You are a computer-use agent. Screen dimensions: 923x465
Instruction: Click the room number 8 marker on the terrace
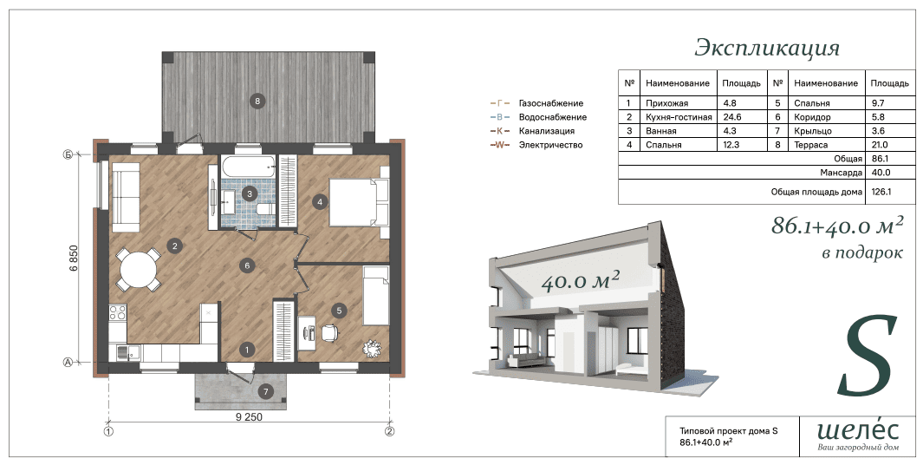(x=257, y=101)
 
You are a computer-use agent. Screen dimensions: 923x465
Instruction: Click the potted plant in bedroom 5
(x=372, y=348)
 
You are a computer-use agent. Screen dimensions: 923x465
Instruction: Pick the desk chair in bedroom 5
(x=329, y=332)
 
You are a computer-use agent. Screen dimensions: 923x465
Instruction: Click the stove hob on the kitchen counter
(x=118, y=312)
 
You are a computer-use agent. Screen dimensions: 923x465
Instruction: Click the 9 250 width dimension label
(x=249, y=417)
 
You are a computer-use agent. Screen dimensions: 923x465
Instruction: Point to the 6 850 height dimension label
(x=74, y=259)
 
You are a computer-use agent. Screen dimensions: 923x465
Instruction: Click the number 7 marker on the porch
(x=265, y=391)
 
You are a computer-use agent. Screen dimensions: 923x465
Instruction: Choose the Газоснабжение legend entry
(x=551, y=103)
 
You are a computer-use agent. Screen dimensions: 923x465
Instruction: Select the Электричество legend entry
(x=550, y=145)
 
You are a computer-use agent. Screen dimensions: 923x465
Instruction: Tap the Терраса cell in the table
(x=810, y=145)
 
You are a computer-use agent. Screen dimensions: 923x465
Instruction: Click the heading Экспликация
(x=767, y=49)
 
